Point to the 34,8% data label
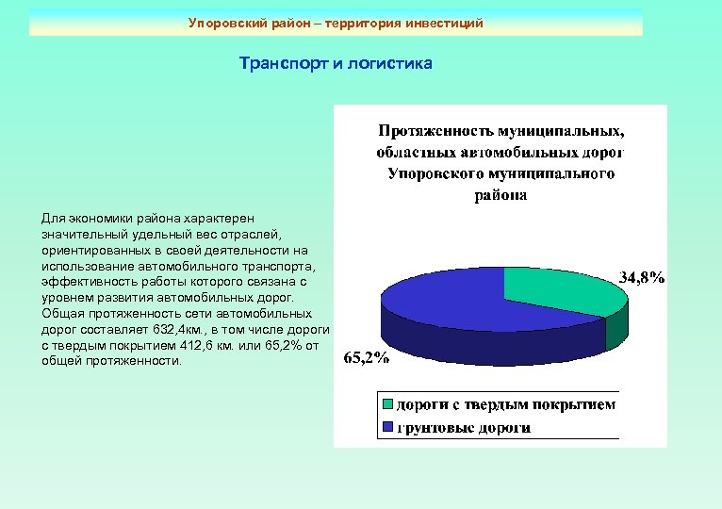click(642, 277)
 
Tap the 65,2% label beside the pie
click(366, 357)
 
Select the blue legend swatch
click(386, 428)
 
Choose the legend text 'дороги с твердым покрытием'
click(505, 405)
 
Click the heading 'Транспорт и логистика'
click(336, 64)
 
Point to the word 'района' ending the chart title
click(500, 196)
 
